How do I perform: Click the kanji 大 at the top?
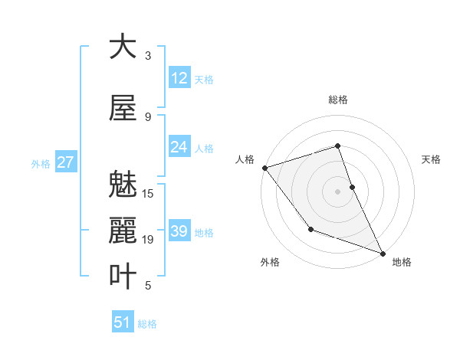[x=123, y=47]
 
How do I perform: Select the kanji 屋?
[x=123, y=109]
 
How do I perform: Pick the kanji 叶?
[x=123, y=277]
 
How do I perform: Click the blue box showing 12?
[x=179, y=78]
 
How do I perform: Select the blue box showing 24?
[x=179, y=147]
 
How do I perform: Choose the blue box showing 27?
[x=65, y=162]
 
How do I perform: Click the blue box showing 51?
[x=123, y=322]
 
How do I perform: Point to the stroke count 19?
[x=149, y=240]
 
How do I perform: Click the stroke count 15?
[x=149, y=194]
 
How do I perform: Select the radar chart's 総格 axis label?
[x=337, y=100]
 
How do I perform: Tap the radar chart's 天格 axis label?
[x=432, y=159]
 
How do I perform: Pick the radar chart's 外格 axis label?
[x=270, y=262]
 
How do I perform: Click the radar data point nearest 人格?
[x=264, y=168]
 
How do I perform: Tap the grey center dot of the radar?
[x=337, y=191]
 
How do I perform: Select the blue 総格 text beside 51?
[x=147, y=324]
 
